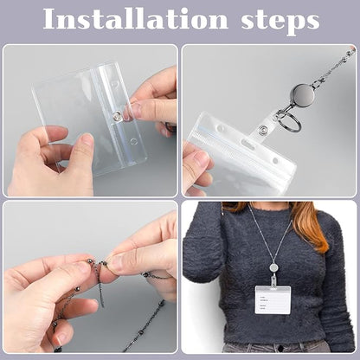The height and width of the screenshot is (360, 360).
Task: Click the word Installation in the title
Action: point(136,19)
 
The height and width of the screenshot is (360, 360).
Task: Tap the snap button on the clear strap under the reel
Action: point(262,129)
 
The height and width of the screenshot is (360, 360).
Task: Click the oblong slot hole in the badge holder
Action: point(247,143)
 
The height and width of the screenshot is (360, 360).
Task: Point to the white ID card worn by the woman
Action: point(273,299)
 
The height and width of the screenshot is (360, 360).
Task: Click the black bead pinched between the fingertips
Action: point(103,263)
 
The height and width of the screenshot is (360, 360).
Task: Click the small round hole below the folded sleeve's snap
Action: point(133,141)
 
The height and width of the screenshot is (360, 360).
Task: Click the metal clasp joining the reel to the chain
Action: point(318,83)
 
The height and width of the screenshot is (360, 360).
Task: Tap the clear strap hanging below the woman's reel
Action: point(273,280)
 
